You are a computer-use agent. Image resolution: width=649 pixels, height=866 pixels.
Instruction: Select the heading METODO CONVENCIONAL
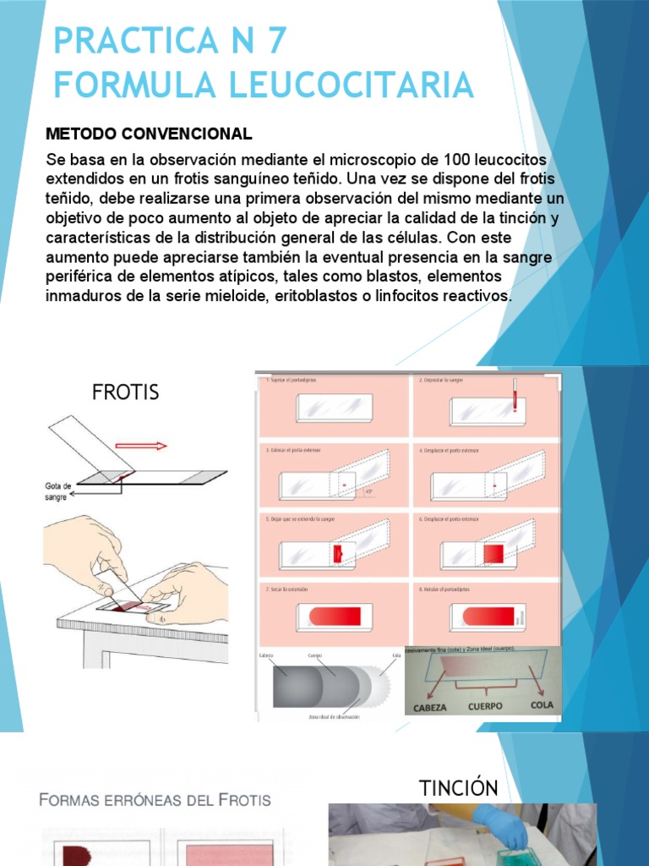149,134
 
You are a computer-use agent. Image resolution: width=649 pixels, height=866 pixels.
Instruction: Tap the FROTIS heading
125,392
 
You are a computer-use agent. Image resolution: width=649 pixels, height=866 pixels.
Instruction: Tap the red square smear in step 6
493,554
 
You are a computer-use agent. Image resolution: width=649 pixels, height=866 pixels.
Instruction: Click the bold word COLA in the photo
541,704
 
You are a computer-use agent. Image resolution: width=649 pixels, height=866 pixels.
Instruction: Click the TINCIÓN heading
459,788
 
